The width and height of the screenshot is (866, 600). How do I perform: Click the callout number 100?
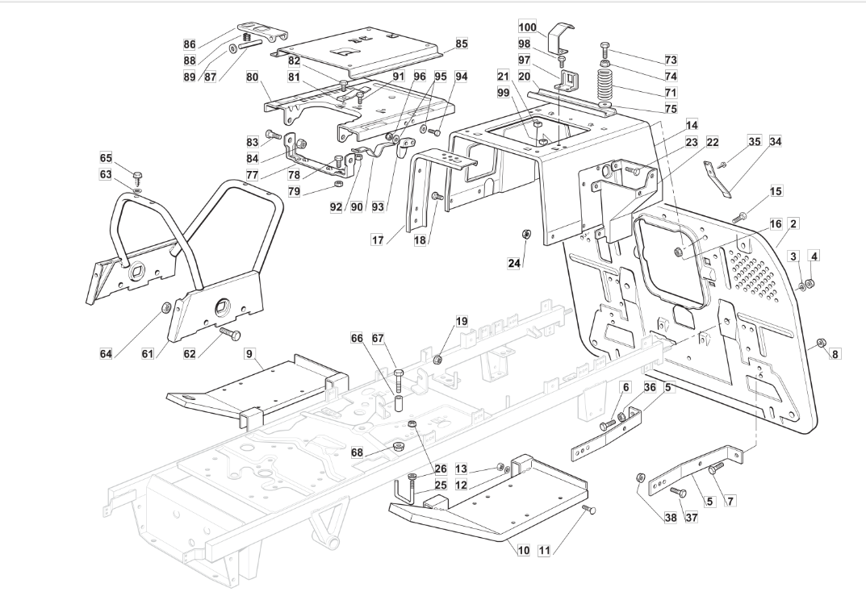pyautogui.click(x=528, y=27)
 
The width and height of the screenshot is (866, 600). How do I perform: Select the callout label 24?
pyautogui.click(x=514, y=263)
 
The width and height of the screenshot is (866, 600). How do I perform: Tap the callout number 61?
pyautogui.click(x=148, y=352)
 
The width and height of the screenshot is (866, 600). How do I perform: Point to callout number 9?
pyautogui.click(x=249, y=352)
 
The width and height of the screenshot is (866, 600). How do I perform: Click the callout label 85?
pyautogui.click(x=462, y=43)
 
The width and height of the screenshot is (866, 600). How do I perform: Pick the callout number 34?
pyautogui.click(x=776, y=141)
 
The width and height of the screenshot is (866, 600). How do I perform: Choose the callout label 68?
pyautogui.click(x=358, y=452)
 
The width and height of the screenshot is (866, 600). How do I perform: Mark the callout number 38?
pyautogui.click(x=671, y=517)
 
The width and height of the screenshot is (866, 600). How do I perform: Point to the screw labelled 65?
pyautogui.click(x=137, y=177)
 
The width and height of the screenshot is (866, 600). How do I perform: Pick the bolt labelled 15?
pyautogui.click(x=739, y=216)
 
